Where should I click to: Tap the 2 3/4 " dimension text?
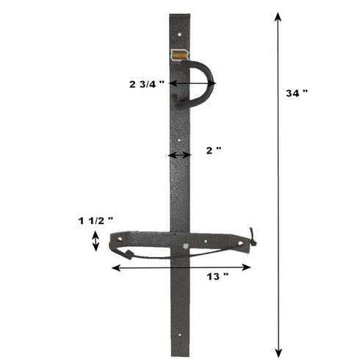tap(147, 84)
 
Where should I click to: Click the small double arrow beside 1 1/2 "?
tap(96, 241)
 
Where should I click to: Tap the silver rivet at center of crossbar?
tap(186, 245)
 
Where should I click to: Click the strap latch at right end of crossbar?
tap(252, 237)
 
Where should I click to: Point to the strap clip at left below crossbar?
tap(127, 255)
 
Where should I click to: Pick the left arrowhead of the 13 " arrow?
tap(114, 267)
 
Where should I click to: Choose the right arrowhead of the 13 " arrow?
tap(248, 267)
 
